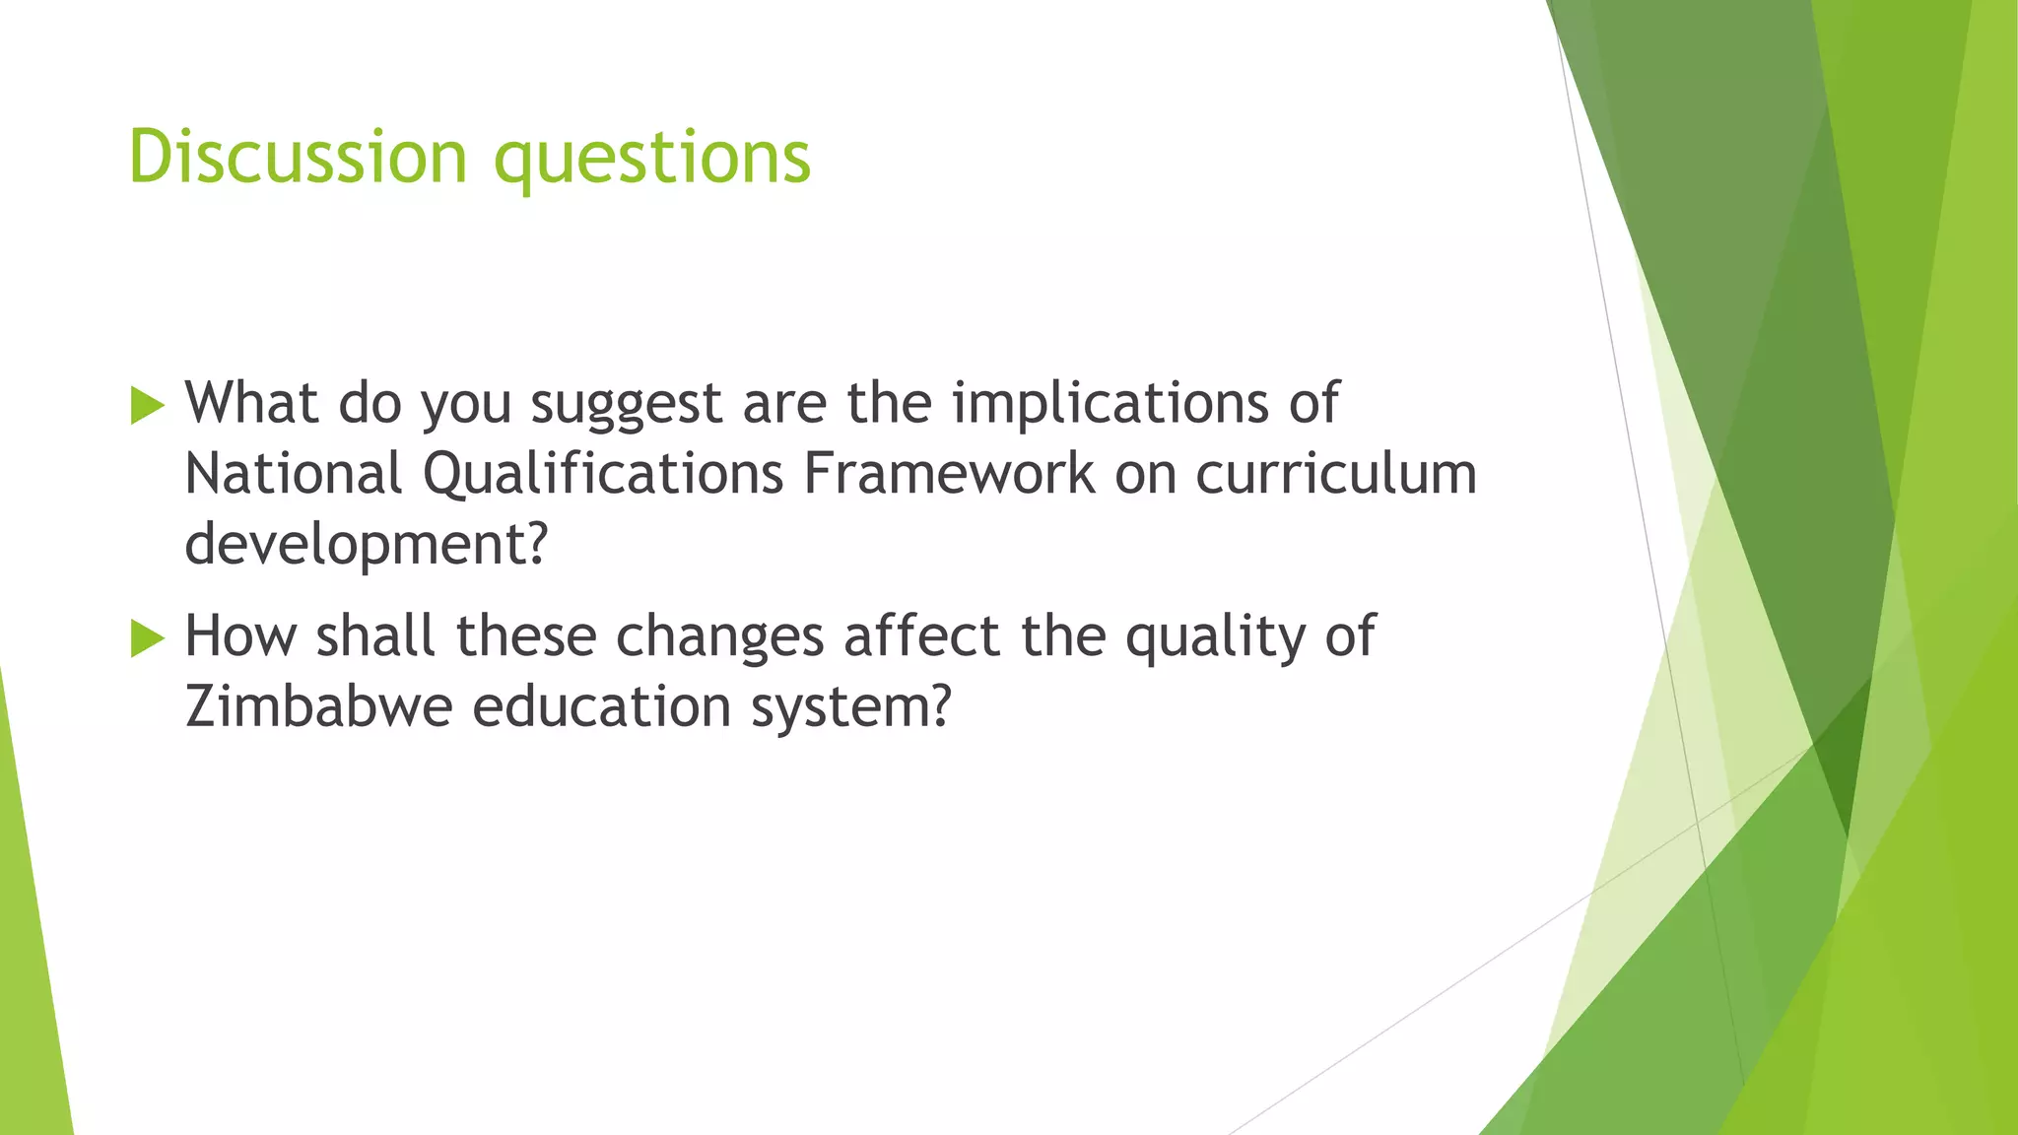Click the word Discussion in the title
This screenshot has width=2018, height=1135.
(x=298, y=158)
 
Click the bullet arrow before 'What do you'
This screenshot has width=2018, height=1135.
(x=147, y=405)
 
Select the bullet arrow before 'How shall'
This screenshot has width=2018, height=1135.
(x=147, y=637)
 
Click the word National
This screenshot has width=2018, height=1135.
(x=294, y=474)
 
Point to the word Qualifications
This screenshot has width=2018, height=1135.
(x=603, y=476)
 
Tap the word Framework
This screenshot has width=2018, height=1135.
(x=949, y=474)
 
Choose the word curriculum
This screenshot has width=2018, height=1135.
(x=1336, y=474)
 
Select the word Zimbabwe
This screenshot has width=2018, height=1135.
(x=318, y=706)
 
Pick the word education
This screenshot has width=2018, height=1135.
(x=601, y=706)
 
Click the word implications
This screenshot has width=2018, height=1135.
(x=1110, y=405)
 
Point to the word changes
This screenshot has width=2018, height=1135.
(x=719, y=637)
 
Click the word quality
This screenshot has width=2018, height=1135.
(x=1215, y=637)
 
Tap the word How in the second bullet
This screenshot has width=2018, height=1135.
(x=240, y=635)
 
